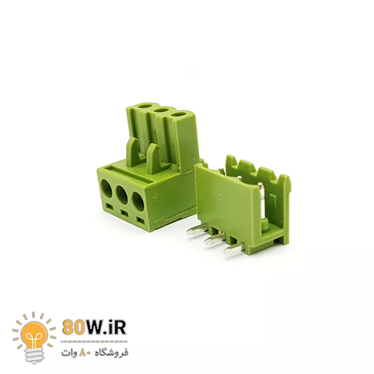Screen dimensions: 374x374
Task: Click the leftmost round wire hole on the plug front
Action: coord(107,188)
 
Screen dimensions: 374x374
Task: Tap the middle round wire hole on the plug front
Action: coord(122,194)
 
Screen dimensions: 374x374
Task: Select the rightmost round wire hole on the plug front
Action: coord(137,201)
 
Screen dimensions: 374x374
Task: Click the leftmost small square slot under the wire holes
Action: coord(109,205)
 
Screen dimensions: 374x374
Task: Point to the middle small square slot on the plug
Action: coord(123,212)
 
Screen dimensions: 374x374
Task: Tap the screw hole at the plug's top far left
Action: coord(146,106)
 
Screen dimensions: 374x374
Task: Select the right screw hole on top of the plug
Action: coord(178,114)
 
